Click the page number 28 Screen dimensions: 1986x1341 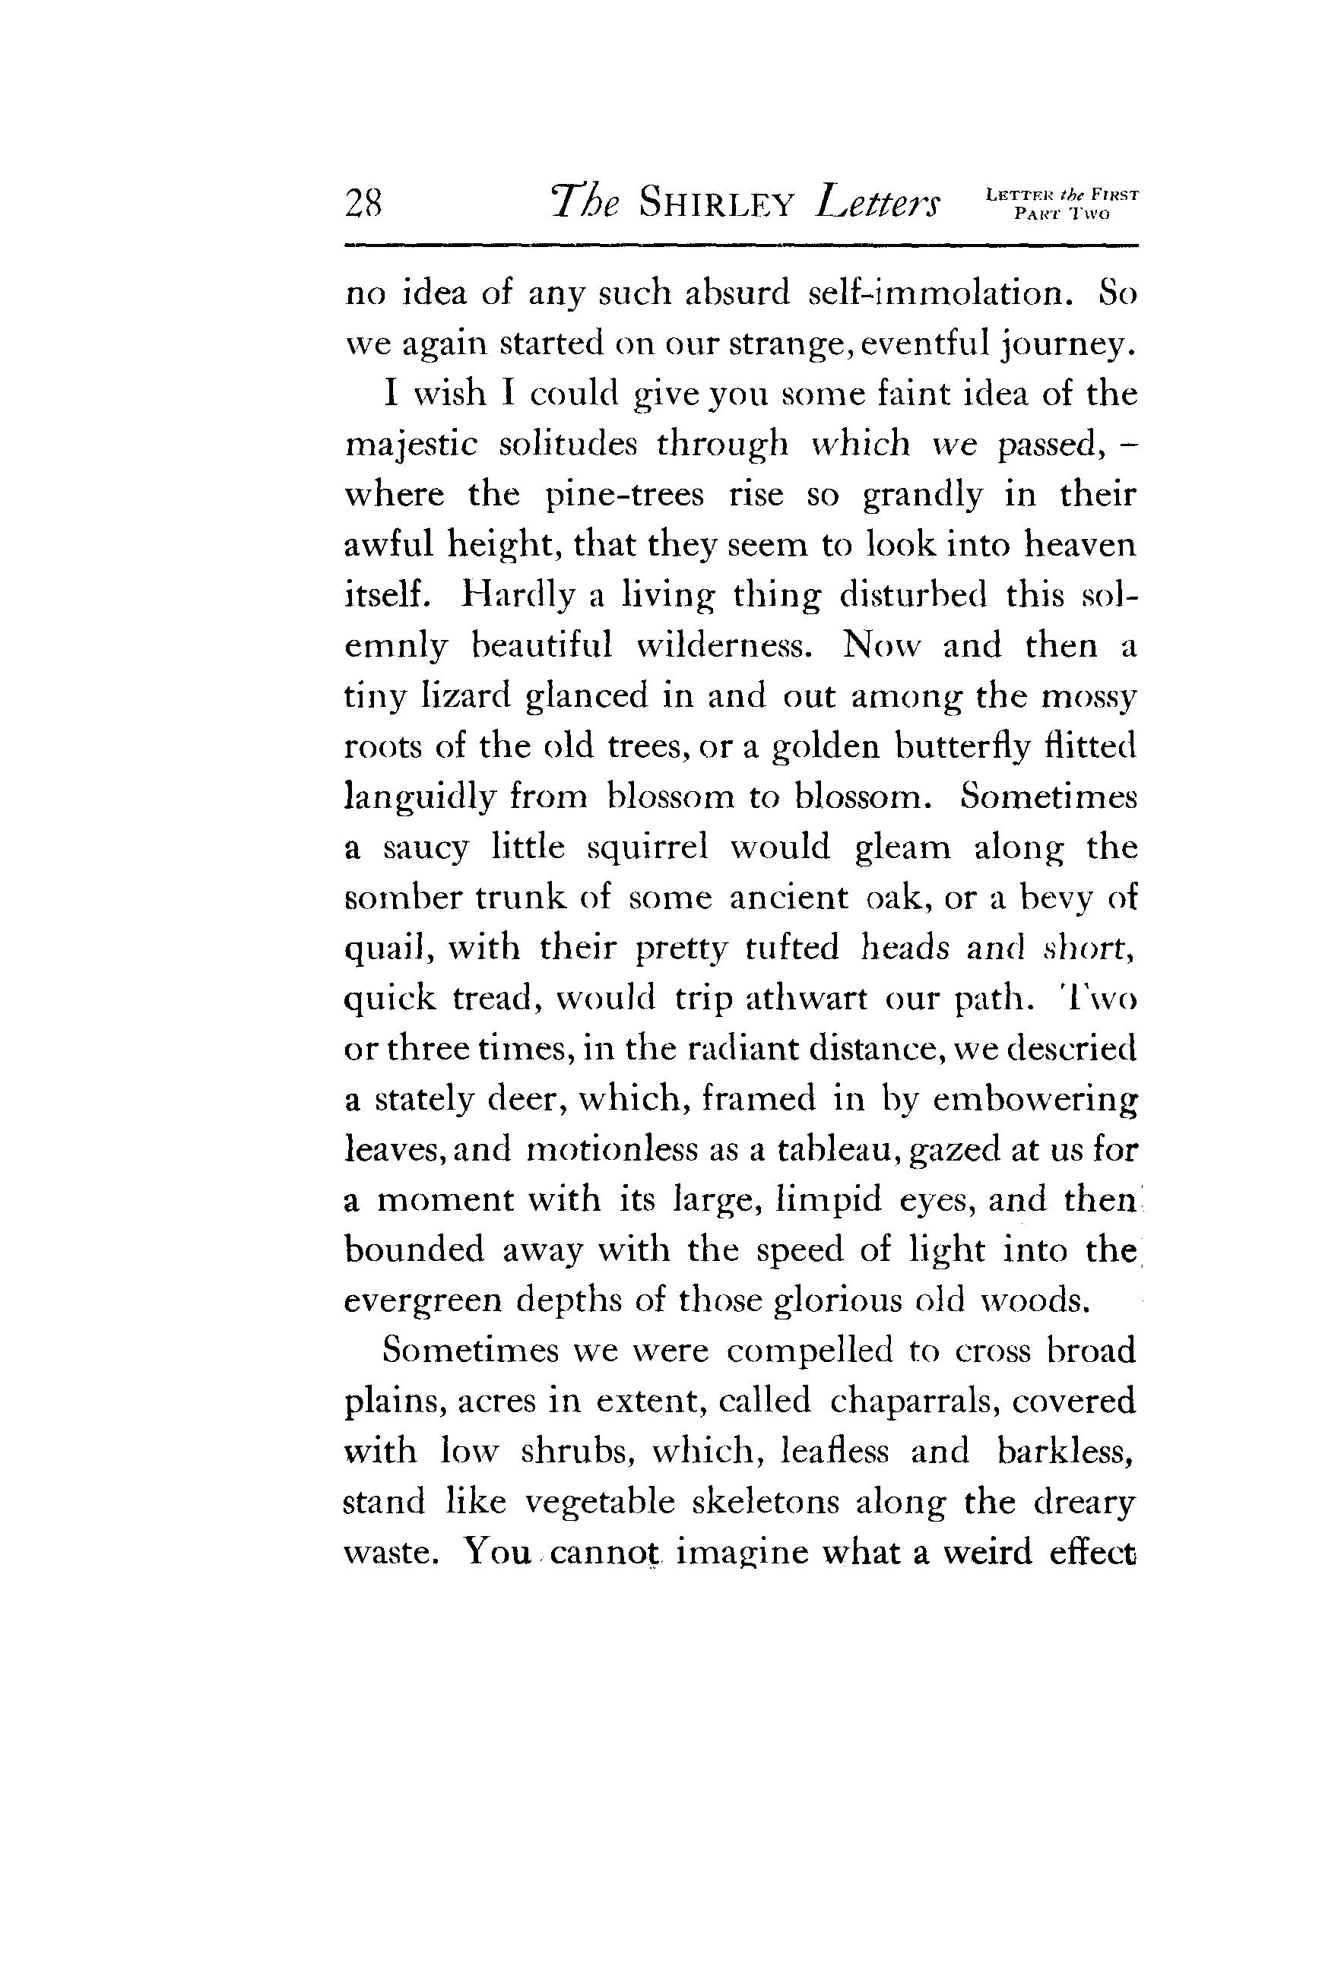point(363,205)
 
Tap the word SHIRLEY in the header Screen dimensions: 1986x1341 point(717,205)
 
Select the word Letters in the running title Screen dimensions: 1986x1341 point(878,204)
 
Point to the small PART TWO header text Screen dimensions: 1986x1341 point(1061,214)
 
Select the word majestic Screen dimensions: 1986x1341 point(410,445)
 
